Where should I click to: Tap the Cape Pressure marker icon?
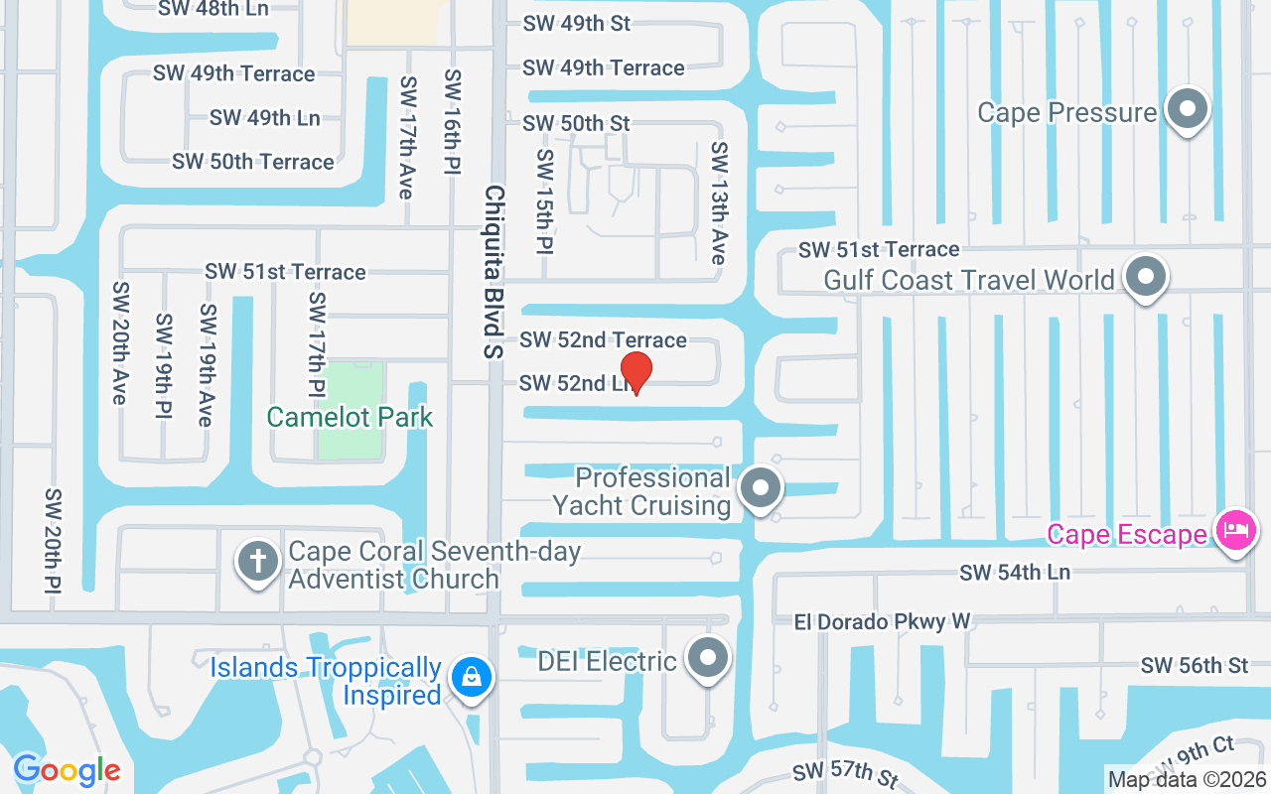pos(1187,110)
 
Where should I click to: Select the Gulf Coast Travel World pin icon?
pos(1146,278)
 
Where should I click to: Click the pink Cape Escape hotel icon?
pos(1235,531)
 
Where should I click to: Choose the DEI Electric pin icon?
pos(708,657)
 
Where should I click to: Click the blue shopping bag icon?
pos(472,679)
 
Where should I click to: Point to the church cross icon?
pos(258,562)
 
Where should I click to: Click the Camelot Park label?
pos(351,417)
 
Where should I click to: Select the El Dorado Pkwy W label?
pos(882,622)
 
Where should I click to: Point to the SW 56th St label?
pos(1195,666)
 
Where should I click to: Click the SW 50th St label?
pos(576,124)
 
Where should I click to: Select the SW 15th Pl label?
pos(544,201)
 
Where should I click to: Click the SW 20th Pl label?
pos(54,541)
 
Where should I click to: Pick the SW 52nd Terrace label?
pos(603,340)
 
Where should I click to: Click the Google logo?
pos(67,770)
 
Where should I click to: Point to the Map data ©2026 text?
pos(1187,779)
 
